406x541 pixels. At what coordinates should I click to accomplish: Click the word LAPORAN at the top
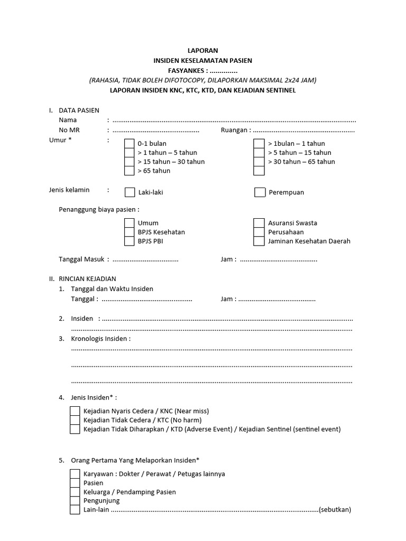pos(203,51)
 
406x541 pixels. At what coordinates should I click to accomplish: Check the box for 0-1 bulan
pos(130,144)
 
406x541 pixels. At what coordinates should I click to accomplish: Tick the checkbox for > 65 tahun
pos(130,171)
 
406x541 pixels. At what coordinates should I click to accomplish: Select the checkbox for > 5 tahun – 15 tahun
pos(259,153)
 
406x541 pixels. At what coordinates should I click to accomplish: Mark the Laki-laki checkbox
pos(130,192)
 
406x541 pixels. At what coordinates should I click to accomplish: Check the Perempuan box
pos(260,192)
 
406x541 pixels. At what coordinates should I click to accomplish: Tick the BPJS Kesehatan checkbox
pos(130,232)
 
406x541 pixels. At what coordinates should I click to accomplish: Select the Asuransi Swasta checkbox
pos(259,223)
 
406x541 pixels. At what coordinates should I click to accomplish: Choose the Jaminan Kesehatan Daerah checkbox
pos(259,241)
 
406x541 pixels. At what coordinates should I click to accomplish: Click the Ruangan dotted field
pos(304,130)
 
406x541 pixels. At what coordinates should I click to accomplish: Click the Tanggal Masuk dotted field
pos(145,260)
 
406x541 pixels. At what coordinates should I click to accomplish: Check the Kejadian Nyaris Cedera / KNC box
pos(75,411)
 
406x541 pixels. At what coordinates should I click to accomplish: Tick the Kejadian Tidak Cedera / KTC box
pos(75,420)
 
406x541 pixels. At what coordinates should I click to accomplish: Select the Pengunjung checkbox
pos(75,501)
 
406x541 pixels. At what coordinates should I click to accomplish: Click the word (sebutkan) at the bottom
pos(335,510)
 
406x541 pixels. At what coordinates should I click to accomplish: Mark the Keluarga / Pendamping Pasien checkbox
pos(75,492)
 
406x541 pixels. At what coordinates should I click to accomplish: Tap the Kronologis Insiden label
pos(100,339)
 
